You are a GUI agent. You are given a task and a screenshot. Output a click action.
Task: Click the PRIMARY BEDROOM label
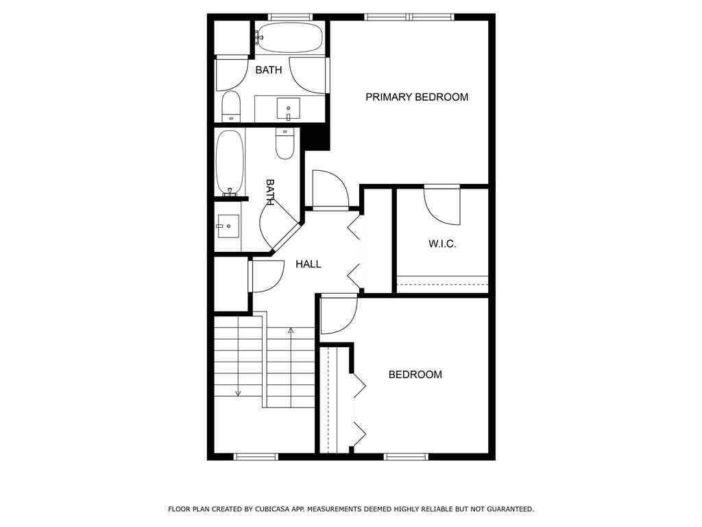pos(416,97)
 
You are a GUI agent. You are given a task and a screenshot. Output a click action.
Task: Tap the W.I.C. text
pos(442,244)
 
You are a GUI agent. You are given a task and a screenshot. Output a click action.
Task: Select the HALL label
pos(308,264)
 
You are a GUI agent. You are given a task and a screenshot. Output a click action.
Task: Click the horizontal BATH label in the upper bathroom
pos(269,70)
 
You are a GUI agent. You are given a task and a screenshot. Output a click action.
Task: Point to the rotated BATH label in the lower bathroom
pos(270,193)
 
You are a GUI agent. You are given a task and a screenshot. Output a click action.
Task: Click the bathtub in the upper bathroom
pos(289,38)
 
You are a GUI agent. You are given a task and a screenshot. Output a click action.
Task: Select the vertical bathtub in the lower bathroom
pos(229,163)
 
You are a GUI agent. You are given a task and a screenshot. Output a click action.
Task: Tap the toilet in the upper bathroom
pos(232,107)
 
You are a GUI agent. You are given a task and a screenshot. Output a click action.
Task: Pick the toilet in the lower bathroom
pos(285,143)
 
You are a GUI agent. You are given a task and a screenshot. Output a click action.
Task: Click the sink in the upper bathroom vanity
pos(289,108)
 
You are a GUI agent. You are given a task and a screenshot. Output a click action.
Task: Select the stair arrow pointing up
pos(291,331)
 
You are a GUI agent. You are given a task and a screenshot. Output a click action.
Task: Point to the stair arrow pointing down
pos(238,393)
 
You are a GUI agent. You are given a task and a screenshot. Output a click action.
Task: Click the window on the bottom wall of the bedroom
pos(406,456)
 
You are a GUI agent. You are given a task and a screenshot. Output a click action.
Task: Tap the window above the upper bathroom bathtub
pos(290,16)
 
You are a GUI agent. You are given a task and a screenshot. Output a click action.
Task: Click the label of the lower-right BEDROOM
pos(415,375)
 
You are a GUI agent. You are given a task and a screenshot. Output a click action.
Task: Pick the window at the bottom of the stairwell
pos(256,456)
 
